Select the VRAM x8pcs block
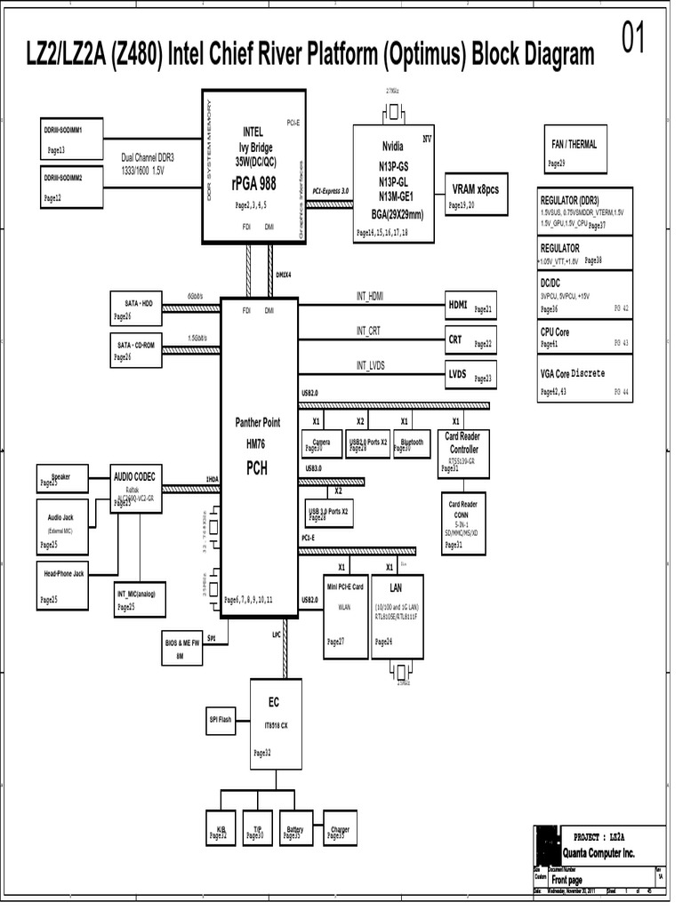click(x=476, y=195)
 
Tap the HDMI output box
click(x=470, y=306)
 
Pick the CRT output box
click(x=470, y=340)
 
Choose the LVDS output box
click(x=470, y=375)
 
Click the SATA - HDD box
click(x=135, y=307)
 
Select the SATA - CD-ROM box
click(x=135, y=348)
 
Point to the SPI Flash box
click(x=221, y=720)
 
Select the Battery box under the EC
click(x=295, y=832)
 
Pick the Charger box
click(x=341, y=832)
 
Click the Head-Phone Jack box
click(x=63, y=586)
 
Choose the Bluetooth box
click(x=413, y=444)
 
